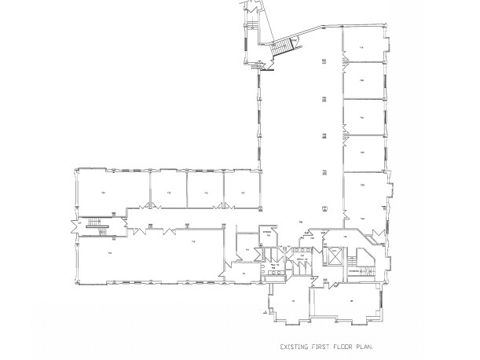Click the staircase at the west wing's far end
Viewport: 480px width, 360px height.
point(94,225)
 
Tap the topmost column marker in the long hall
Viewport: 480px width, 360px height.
point(324,61)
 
